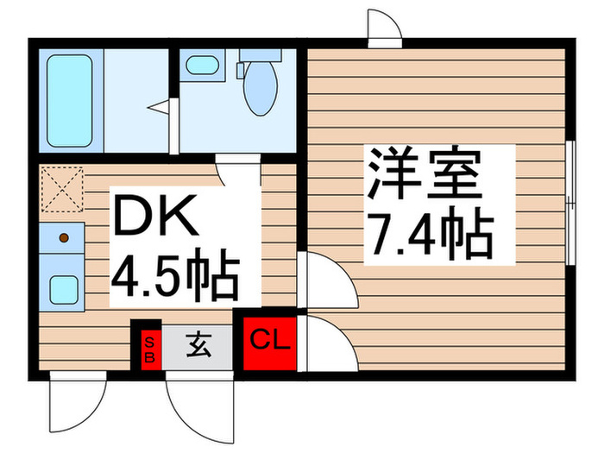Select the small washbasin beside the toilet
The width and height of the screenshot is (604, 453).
click(x=203, y=65)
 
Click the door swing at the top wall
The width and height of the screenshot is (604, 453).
click(x=384, y=26)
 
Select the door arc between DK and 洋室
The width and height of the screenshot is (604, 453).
click(x=328, y=280)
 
